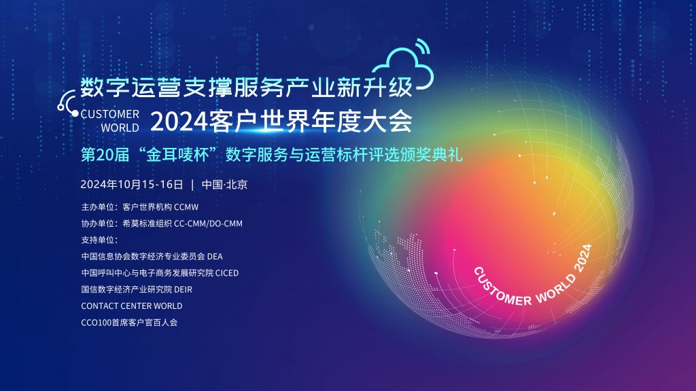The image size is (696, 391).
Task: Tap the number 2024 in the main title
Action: [x=179, y=121]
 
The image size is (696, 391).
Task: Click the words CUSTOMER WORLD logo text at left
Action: [x=109, y=121]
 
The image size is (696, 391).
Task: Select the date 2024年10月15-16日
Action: [x=132, y=185]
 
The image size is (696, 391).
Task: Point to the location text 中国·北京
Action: [x=224, y=185]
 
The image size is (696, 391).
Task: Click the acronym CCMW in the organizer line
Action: [x=186, y=207]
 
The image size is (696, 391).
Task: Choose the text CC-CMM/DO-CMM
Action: [x=208, y=223]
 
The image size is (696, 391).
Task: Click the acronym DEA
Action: [x=215, y=256]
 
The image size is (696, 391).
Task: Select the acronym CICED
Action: [x=227, y=273]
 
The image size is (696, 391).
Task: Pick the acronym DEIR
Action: [x=184, y=289]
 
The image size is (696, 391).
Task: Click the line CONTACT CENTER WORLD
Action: [x=132, y=306]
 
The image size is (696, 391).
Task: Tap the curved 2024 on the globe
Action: [x=582, y=257]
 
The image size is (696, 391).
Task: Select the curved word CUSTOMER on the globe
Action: [x=500, y=288]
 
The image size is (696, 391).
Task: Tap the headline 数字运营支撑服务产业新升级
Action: [x=246, y=87]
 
